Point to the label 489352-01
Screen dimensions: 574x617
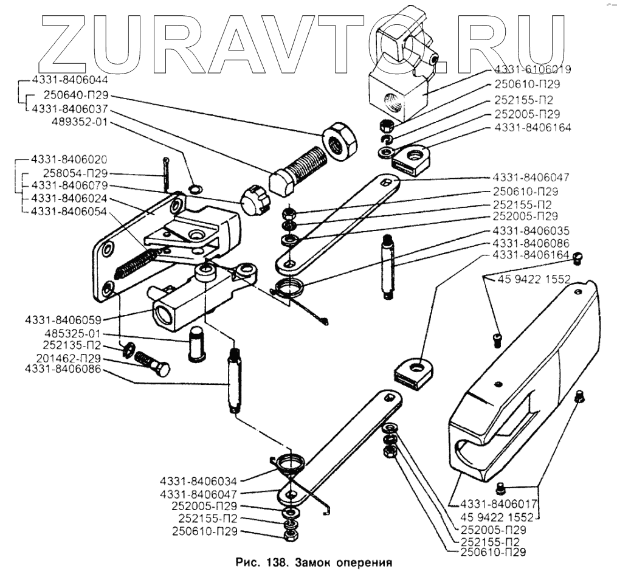(79, 122)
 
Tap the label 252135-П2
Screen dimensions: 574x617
(77, 346)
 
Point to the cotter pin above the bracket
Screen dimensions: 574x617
(166, 173)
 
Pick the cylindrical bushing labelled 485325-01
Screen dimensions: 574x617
(198, 344)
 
